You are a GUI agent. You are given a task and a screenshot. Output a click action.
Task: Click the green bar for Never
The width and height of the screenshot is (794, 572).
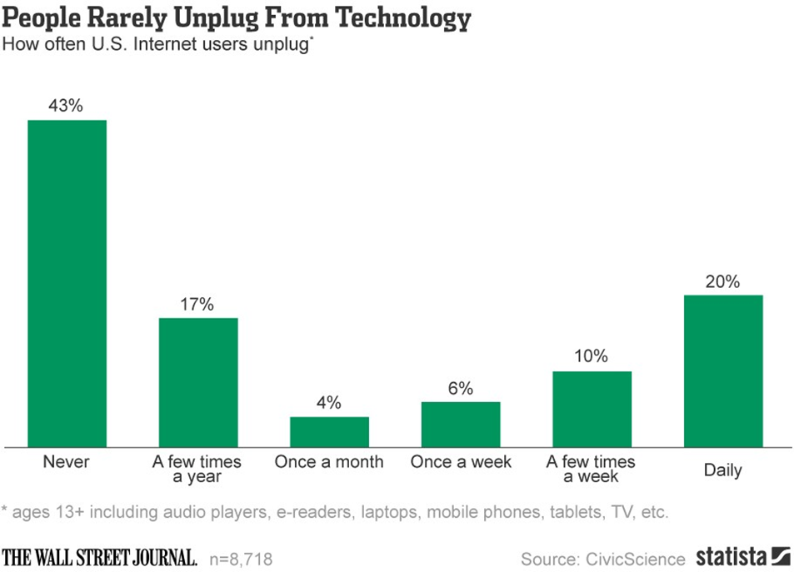pyautogui.click(x=67, y=283)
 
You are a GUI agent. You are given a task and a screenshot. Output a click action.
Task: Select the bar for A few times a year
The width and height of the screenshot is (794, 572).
pyautogui.click(x=198, y=382)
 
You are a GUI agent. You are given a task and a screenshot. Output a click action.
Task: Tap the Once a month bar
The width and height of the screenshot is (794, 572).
pyautogui.click(x=329, y=431)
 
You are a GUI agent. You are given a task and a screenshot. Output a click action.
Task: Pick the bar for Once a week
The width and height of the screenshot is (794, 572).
pyautogui.click(x=461, y=424)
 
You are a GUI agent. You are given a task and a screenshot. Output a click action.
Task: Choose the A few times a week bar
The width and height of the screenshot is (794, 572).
pyautogui.click(x=592, y=409)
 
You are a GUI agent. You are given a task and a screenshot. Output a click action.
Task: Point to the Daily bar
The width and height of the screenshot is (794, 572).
pyautogui.click(x=723, y=371)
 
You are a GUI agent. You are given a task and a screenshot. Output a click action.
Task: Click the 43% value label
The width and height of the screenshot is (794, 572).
pyautogui.click(x=67, y=106)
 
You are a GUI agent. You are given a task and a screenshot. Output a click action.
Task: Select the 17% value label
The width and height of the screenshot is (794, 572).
pyautogui.click(x=198, y=304)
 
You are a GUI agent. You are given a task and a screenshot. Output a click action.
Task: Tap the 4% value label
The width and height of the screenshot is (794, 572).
pyautogui.click(x=329, y=403)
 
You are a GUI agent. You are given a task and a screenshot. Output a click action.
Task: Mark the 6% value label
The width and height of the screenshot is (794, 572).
pyautogui.click(x=461, y=388)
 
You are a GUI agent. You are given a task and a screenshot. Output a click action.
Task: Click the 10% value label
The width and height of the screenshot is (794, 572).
pyautogui.click(x=592, y=357)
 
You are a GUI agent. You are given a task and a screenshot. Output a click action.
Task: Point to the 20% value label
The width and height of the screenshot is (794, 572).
pyautogui.click(x=723, y=281)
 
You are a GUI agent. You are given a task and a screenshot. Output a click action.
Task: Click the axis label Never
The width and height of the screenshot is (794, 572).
pyautogui.click(x=67, y=462)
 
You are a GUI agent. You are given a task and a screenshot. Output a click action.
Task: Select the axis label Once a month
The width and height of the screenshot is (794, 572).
pyautogui.click(x=329, y=462)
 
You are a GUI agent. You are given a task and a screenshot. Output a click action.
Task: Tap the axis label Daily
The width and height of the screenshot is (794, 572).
pyautogui.click(x=723, y=470)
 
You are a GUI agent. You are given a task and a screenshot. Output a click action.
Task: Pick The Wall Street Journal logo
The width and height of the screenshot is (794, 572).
pyautogui.click(x=100, y=557)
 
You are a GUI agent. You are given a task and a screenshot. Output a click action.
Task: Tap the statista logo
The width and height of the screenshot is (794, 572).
pyautogui.click(x=742, y=556)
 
